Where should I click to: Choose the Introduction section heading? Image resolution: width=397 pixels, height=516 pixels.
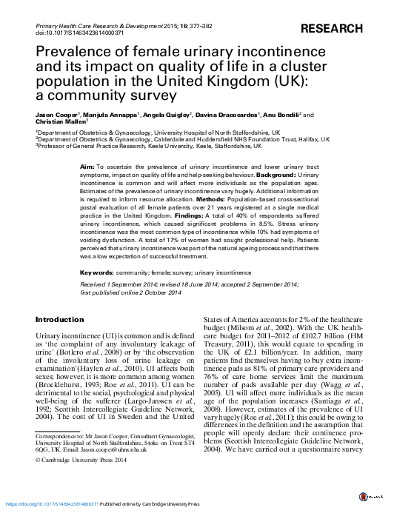[60, 319]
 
